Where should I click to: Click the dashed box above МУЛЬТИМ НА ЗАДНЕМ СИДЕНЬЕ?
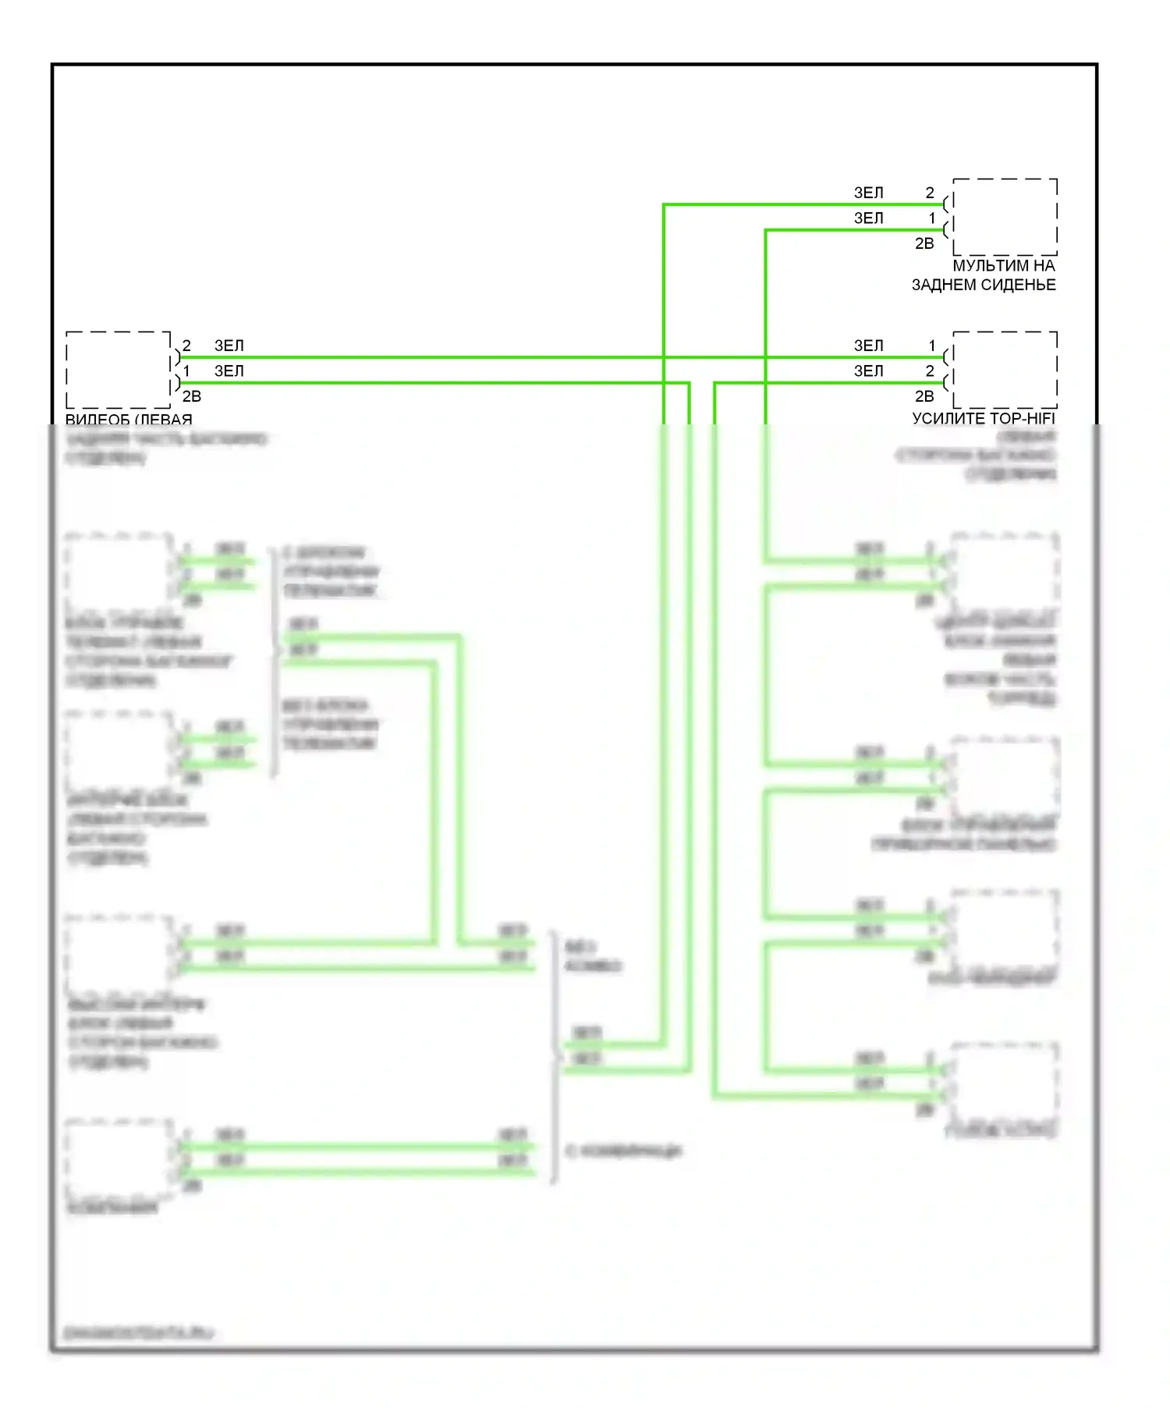pos(1005,217)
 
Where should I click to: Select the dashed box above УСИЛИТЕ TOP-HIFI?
pos(1005,370)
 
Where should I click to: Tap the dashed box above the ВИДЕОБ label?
pos(118,370)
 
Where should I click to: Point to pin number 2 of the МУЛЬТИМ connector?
pos(930,193)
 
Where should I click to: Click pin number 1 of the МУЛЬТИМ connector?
pos(931,218)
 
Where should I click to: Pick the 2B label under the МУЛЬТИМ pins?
pos(924,244)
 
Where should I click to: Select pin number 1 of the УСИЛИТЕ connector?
pos(931,346)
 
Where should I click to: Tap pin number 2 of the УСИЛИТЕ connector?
pos(930,371)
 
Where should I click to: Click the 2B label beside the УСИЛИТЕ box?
pos(924,397)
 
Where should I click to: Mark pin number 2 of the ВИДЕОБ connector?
pos(186,346)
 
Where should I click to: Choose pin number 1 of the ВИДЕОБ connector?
pos(186,371)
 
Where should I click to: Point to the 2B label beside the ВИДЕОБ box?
pos(192,397)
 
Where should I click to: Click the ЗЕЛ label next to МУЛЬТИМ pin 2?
pos(868,193)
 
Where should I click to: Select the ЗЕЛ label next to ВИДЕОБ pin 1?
pos(229,371)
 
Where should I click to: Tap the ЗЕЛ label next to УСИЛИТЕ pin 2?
pos(868,371)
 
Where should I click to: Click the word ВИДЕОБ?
pos(97,420)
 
